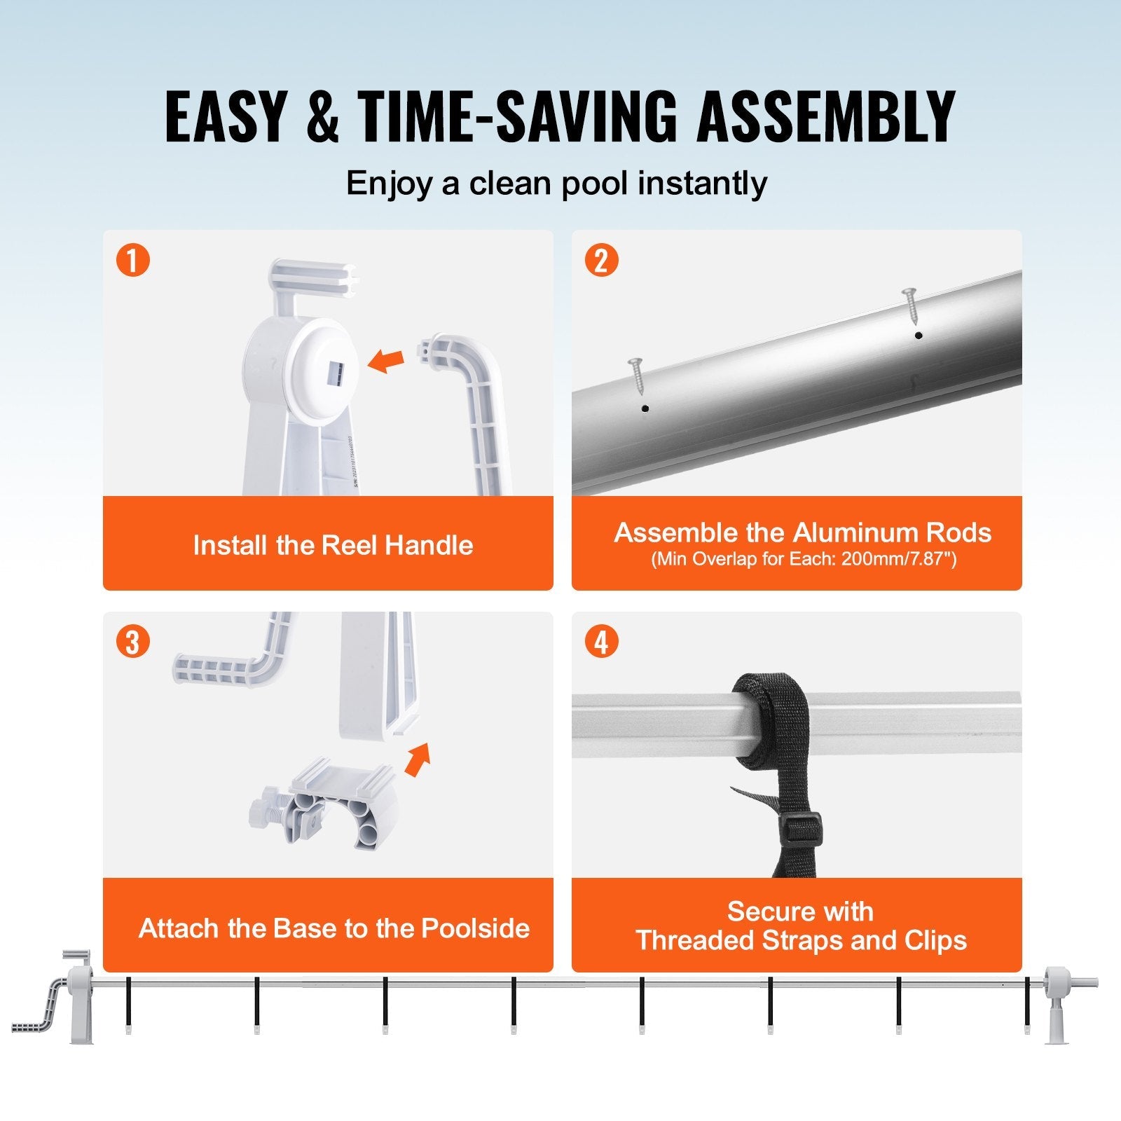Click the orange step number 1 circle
click(133, 260)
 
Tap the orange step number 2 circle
click(601, 260)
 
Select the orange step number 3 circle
click(133, 642)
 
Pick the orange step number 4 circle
click(601, 642)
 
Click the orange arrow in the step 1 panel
click(386, 361)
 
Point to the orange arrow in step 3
click(418, 759)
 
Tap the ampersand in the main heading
click(323, 116)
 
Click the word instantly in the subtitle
click(702, 184)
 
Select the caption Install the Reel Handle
click(333, 545)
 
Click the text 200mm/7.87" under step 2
click(899, 559)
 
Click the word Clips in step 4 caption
click(935, 940)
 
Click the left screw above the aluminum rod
click(637, 375)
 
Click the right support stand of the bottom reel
click(1054, 1009)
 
